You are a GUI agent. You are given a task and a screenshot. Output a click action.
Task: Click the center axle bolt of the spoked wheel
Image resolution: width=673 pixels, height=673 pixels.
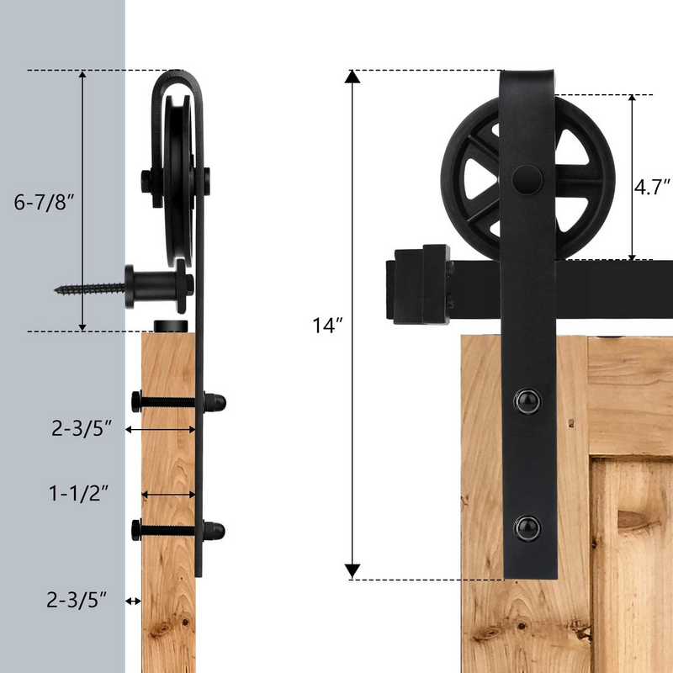(x=526, y=178)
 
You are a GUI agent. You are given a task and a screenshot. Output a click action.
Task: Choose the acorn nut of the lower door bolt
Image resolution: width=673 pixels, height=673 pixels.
(x=216, y=530)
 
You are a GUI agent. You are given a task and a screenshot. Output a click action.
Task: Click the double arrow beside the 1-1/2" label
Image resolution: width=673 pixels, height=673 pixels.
(x=168, y=495)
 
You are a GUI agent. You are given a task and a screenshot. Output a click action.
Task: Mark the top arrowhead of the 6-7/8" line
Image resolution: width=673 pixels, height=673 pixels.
(x=82, y=77)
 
